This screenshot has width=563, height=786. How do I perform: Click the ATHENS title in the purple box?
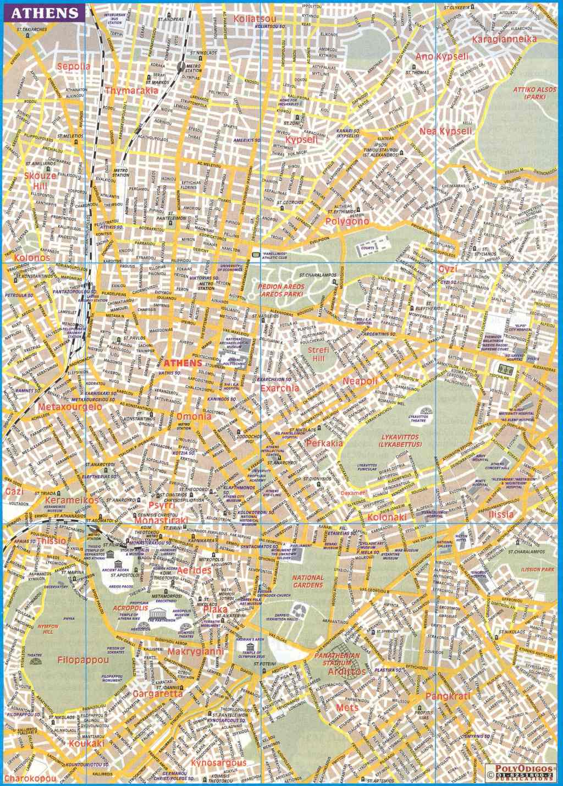[43, 13]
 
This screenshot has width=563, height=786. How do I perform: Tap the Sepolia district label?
[75, 67]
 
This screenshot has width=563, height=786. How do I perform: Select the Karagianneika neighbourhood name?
[504, 39]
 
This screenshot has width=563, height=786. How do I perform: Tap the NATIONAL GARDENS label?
[308, 581]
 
